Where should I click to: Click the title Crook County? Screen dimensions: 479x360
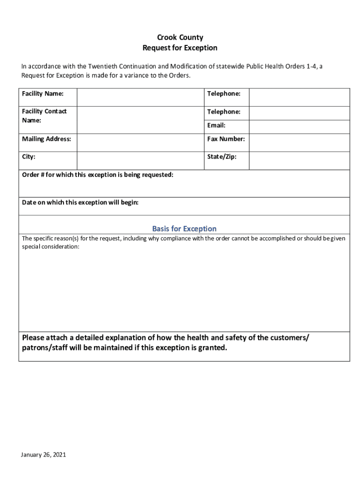pos(180,37)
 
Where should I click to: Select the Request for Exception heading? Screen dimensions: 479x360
pos(180,48)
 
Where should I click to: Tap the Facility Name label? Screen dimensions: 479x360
pos(43,94)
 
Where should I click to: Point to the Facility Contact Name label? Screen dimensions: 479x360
pos(44,116)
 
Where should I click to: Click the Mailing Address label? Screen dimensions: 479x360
pos(46,139)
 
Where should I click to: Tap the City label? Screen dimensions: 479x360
pos(29,157)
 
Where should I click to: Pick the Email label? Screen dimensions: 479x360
pos(216,125)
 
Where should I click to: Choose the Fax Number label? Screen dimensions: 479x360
pos(226,139)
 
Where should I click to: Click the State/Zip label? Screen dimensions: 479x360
pos(222,157)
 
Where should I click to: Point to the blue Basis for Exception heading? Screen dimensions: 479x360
pos(184,229)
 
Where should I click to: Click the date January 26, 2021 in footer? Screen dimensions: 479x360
pos(43,455)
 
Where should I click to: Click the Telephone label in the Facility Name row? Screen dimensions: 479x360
pos(223,94)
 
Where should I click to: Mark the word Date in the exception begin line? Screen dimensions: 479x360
pos(29,203)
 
